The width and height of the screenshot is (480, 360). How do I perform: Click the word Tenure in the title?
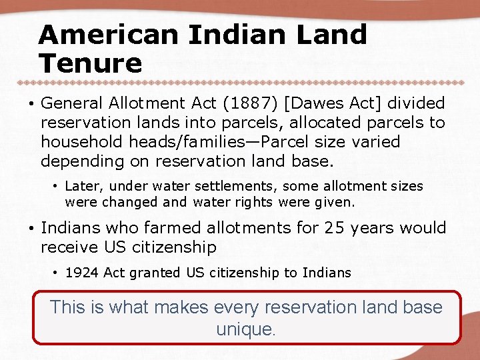pyautogui.click(x=91, y=63)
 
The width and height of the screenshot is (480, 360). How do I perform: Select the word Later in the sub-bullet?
pyautogui.click(x=81, y=187)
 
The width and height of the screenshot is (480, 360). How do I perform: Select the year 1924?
pyautogui.click(x=80, y=272)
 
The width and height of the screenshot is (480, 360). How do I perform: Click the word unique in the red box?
pyautogui.click(x=245, y=329)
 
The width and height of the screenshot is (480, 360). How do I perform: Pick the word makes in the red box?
pyautogui.click(x=181, y=307)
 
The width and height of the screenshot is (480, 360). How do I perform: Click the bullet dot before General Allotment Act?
pyautogui.click(x=31, y=104)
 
